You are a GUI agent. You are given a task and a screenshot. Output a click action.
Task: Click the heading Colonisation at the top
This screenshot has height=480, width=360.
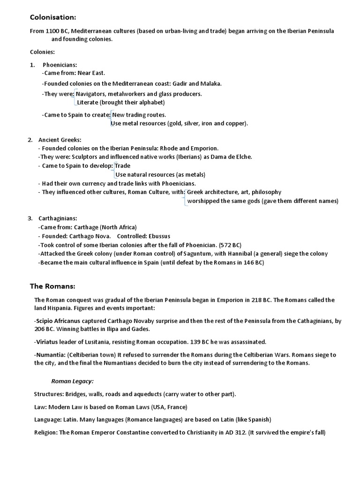pyautogui.click(x=52, y=17)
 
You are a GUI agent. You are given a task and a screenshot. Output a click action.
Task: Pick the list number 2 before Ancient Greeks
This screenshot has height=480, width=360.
pyautogui.click(x=30, y=140)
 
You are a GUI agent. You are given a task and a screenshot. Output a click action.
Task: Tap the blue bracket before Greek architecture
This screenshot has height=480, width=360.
pyautogui.click(x=185, y=196)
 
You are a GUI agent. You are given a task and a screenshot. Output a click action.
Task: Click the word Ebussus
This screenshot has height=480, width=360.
pyautogui.click(x=158, y=236)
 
